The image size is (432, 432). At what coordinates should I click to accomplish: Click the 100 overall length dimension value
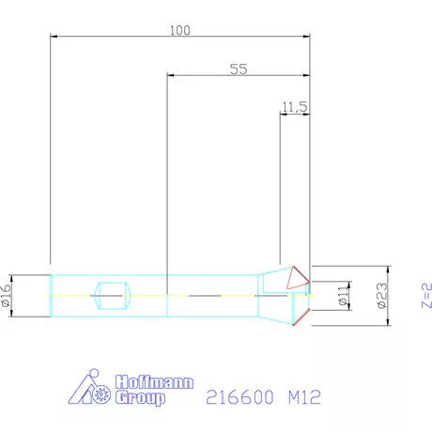coord(180,30)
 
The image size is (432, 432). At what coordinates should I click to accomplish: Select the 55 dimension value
coord(239,69)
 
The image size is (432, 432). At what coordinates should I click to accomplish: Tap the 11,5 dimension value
coord(295,107)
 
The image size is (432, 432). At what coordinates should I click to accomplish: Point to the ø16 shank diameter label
coord(7,296)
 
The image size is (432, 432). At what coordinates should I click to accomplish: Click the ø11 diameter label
coord(344,295)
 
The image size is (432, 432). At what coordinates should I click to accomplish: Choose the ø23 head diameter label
coord(382,296)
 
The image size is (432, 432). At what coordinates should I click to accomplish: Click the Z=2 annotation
coord(426,296)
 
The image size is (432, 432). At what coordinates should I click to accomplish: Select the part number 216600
coord(239,397)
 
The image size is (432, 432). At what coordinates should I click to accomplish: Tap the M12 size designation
coord(304,397)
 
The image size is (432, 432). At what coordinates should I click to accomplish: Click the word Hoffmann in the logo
coord(154,382)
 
